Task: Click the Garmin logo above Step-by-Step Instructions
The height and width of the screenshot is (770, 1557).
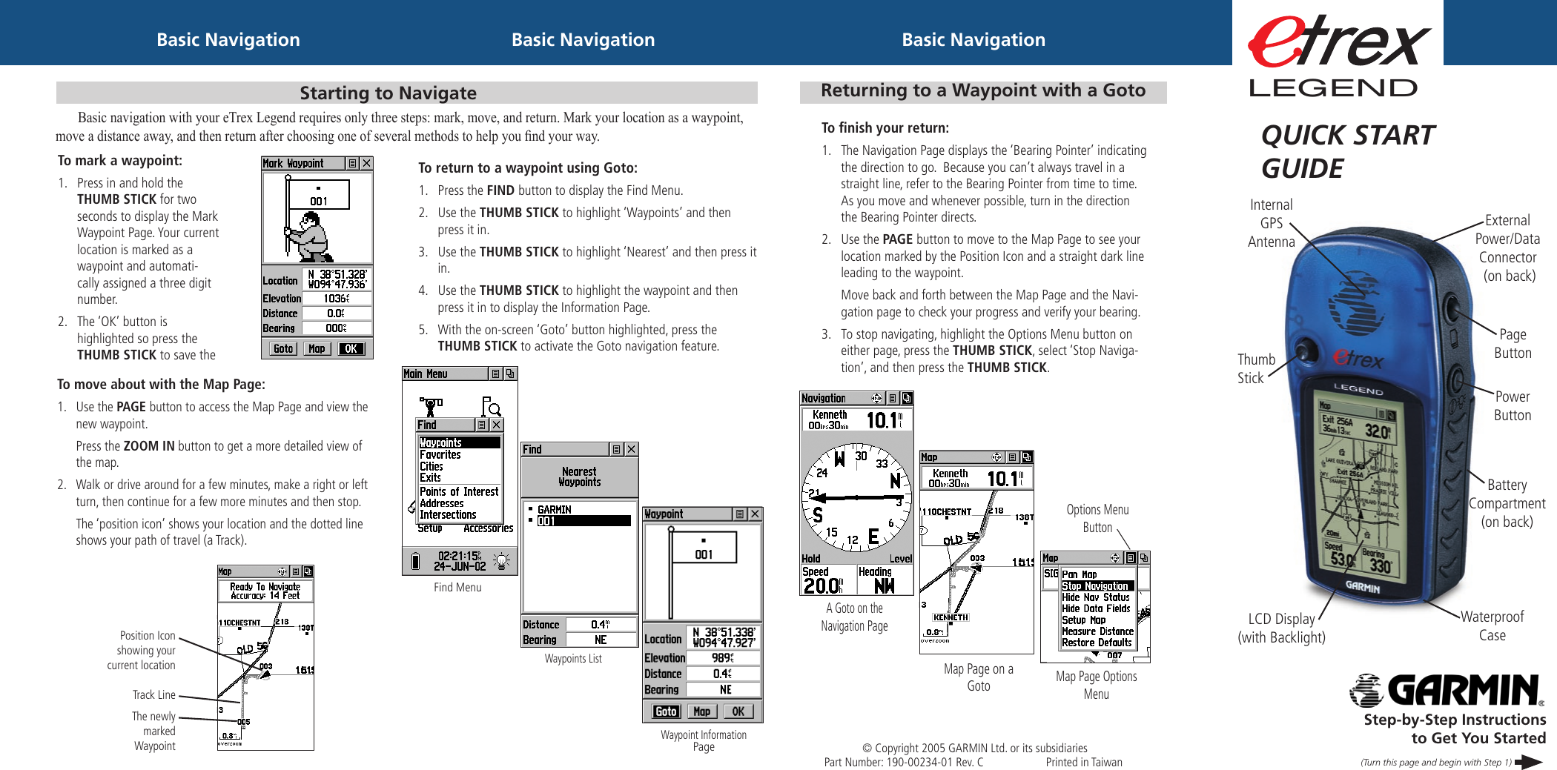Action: coord(1446,690)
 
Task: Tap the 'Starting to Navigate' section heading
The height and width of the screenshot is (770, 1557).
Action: coord(388,93)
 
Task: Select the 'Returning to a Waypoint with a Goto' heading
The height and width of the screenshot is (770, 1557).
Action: coord(982,90)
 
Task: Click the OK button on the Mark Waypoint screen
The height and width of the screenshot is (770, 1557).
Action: coord(351,349)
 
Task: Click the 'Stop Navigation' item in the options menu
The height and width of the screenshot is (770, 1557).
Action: coord(1097,585)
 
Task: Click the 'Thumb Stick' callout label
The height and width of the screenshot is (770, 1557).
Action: coord(1255,368)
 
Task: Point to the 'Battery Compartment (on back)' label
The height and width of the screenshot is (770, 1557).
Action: coord(1507,503)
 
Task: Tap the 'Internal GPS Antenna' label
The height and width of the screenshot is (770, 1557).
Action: coord(1271,223)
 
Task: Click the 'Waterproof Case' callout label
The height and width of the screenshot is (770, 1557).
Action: coord(1492,625)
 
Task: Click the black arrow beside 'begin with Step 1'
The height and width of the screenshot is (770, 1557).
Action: coord(1528,762)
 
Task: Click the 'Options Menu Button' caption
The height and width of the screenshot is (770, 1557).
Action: coord(1097,518)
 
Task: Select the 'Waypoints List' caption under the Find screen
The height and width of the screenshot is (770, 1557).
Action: coord(572,658)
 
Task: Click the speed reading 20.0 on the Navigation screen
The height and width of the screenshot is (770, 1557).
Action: coord(822,585)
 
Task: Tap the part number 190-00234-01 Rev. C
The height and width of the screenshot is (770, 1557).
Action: coord(903,762)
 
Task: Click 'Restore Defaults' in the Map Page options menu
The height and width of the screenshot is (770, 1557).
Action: coord(1097,643)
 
